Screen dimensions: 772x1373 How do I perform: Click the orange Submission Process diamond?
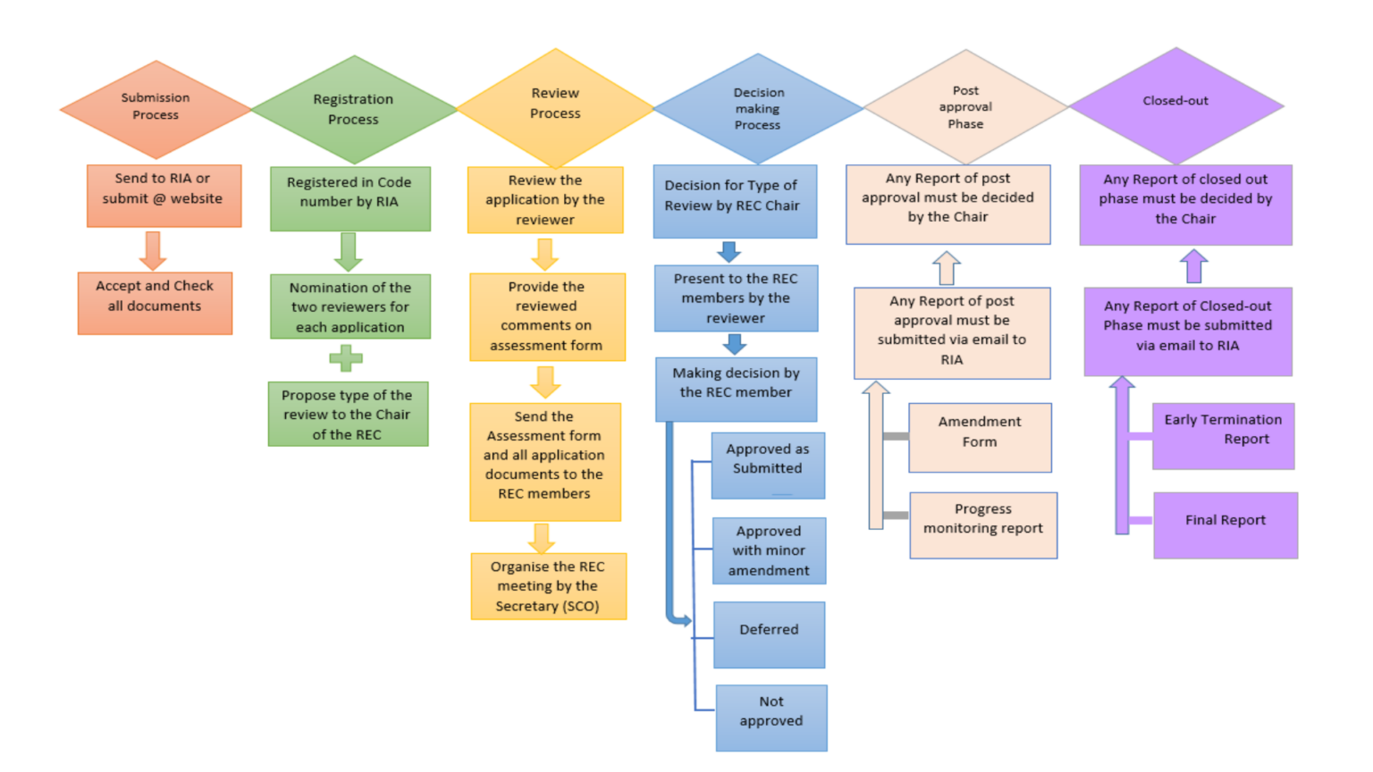click(x=156, y=109)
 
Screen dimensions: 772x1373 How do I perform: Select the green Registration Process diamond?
click(x=354, y=110)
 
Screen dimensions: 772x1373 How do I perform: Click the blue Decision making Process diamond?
click(x=758, y=109)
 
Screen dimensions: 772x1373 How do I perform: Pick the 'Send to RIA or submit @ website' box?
click(x=164, y=195)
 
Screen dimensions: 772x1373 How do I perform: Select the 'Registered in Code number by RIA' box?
click(x=350, y=198)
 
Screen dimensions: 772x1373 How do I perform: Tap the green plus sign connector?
click(x=346, y=359)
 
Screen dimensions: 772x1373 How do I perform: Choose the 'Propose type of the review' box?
click(x=348, y=414)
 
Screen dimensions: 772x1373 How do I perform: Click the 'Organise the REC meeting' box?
click(x=548, y=586)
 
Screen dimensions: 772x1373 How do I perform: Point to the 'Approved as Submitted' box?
click(x=768, y=466)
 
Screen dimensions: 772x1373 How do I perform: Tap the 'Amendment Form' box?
click(x=980, y=437)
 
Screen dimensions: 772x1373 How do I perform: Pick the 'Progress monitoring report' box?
click(x=983, y=524)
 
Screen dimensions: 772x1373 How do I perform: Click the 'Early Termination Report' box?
click(x=1223, y=435)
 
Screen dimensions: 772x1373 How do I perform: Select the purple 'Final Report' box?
click(x=1226, y=524)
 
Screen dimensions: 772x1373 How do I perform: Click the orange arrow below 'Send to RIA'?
click(x=153, y=250)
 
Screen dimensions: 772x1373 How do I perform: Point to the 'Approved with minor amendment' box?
click(x=769, y=550)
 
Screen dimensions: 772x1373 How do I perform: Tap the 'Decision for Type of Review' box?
click(x=735, y=201)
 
